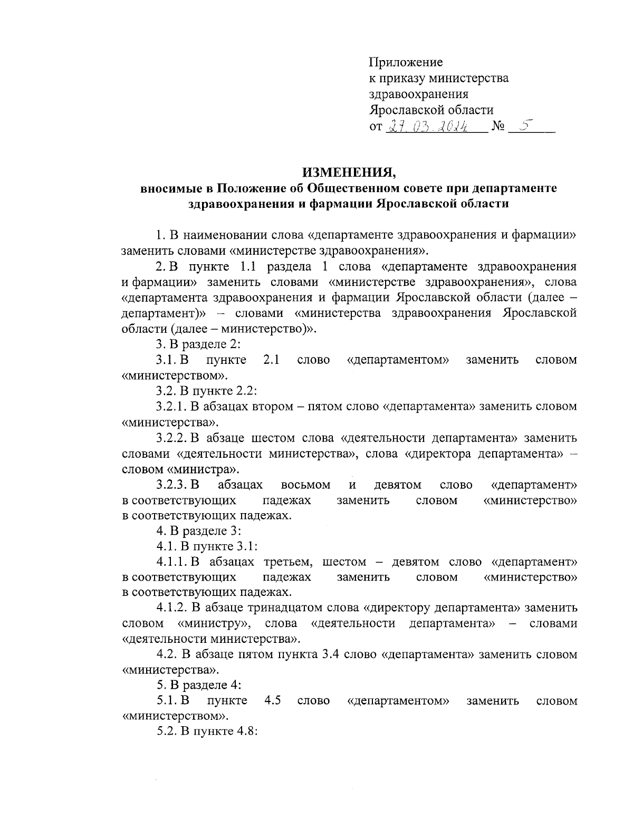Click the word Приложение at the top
point(405,62)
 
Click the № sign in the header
point(498,127)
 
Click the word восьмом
point(306,485)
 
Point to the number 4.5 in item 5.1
point(272,701)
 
